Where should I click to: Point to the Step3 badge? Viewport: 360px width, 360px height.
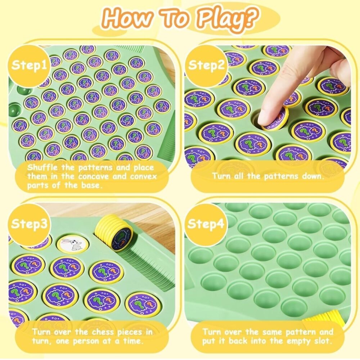pyautogui.click(x=29, y=224)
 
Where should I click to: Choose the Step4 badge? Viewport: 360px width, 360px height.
pyautogui.click(x=206, y=224)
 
